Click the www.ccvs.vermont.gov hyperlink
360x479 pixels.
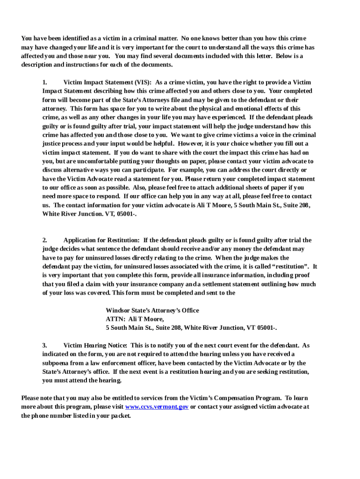tap(157, 407)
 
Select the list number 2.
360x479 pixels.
tap(44, 240)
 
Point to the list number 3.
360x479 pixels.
tap(44, 345)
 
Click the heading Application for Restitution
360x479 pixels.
tap(101, 240)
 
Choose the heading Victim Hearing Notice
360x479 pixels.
tap(95, 345)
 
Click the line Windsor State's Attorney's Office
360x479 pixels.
tap(152, 311)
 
